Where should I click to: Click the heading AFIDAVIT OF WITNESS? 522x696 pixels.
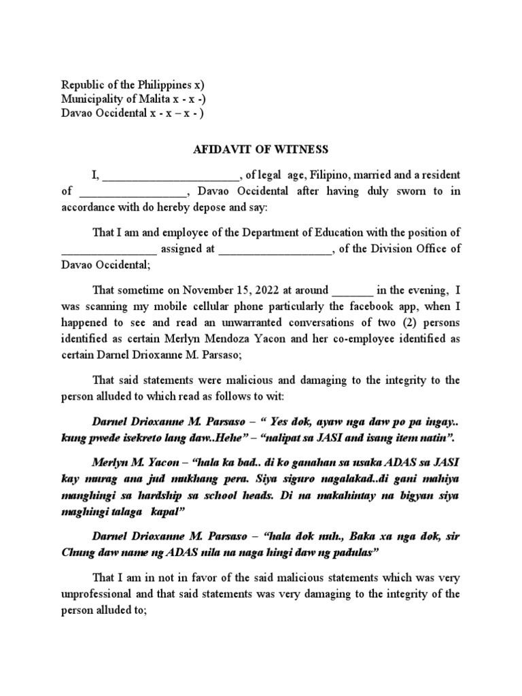pos(261,149)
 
